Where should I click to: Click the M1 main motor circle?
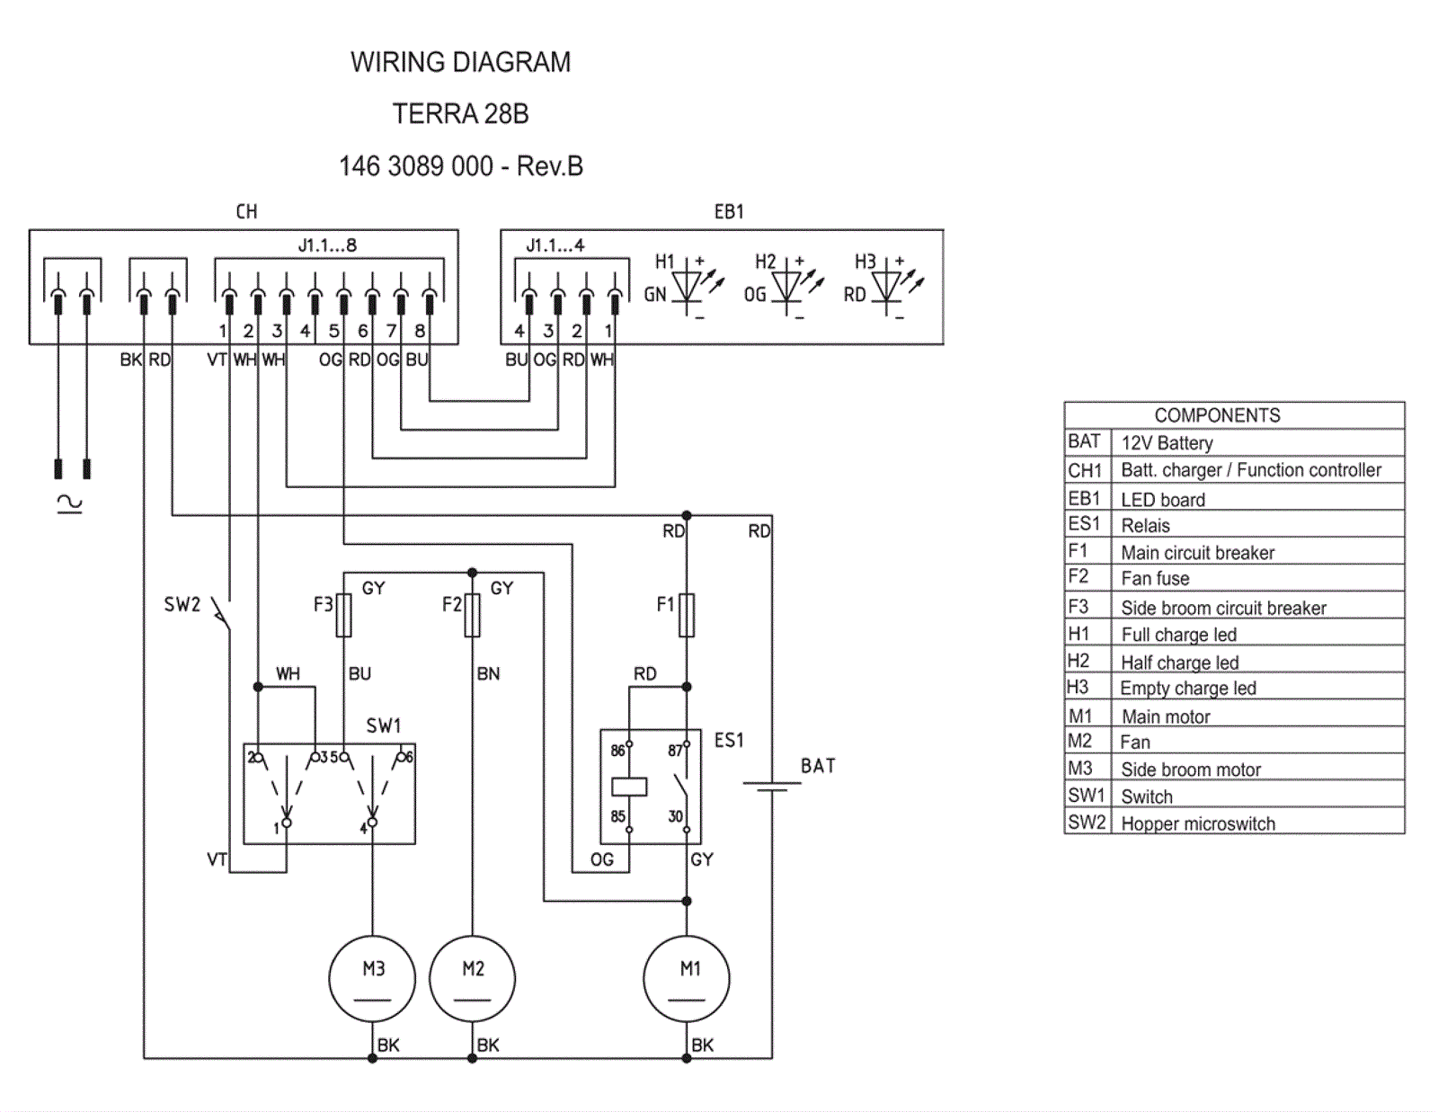point(687,979)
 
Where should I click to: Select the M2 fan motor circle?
point(473,979)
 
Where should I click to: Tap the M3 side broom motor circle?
point(372,979)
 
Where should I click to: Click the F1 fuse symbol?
point(687,615)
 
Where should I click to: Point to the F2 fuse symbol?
point(473,615)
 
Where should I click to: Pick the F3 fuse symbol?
point(343,615)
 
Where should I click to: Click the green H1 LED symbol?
point(688,287)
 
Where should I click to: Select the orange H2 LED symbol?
point(787,287)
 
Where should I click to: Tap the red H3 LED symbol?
point(887,287)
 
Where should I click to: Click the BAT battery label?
point(818,766)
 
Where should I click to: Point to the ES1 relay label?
point(729,740)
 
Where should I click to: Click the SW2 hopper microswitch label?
point(182,604)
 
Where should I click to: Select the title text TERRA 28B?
point(460,114)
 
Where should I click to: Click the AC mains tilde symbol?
point(70,503)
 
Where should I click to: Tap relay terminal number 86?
point(617,751)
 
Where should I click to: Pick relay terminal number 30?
point(675,816)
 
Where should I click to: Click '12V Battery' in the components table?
point(1167,443)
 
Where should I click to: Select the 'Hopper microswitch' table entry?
point(1198,823)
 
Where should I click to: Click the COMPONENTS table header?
point(1217,415)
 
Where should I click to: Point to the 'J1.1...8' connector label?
point(327,245)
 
